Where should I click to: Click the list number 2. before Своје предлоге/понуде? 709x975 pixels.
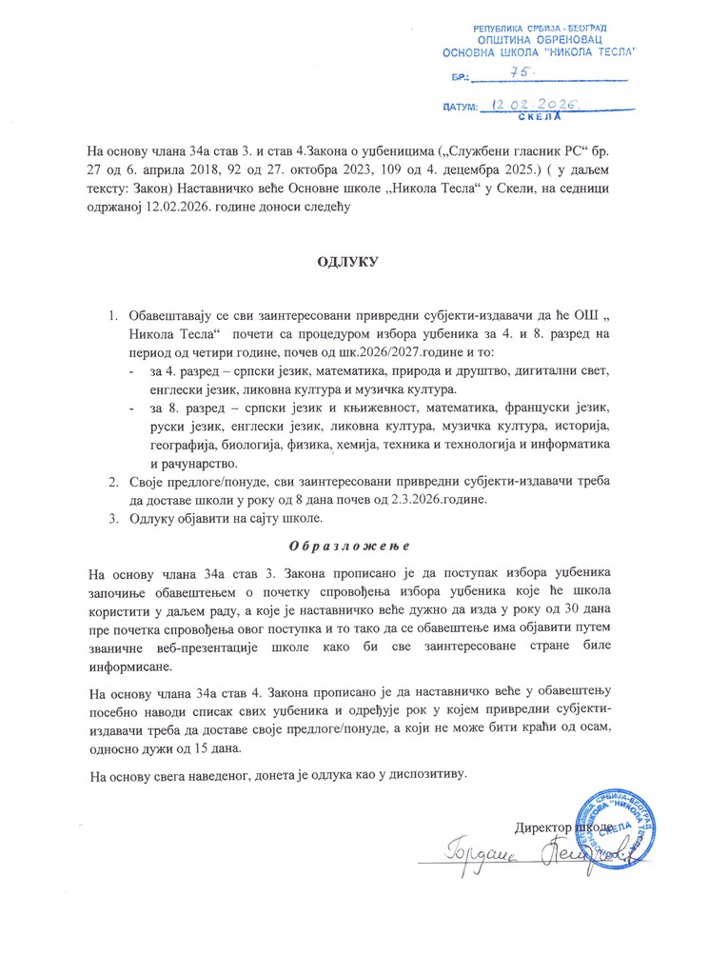coord(112,482)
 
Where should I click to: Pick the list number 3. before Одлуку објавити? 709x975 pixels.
coord(112,518)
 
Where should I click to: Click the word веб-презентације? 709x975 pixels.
coord(199,647)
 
